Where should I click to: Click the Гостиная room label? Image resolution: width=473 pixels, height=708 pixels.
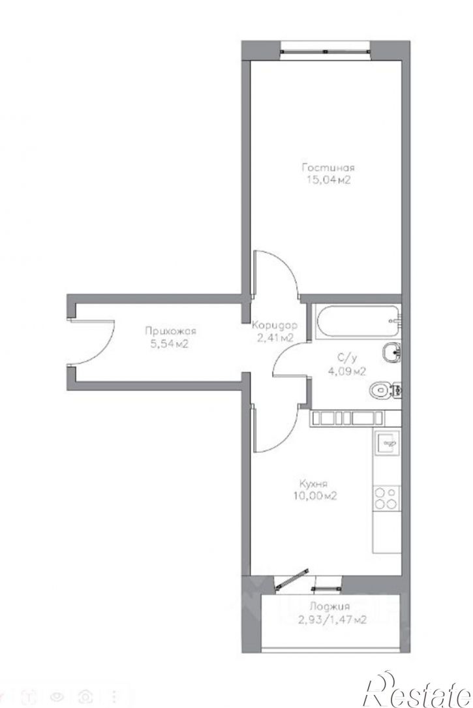[328, 168]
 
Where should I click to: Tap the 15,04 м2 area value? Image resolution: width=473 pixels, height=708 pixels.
[328, 179]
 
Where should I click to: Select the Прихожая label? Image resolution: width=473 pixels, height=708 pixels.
[170, 331]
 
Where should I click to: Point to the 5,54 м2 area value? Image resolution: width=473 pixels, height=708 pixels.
[169, 344]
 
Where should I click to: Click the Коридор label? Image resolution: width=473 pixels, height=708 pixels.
[275, 325]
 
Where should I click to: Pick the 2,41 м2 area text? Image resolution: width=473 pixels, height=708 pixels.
[276, 337]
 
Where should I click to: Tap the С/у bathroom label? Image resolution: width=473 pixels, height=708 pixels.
[347, 358]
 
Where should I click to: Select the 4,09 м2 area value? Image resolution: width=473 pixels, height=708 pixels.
[346, 371]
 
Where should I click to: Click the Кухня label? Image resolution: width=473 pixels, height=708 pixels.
[313, 483]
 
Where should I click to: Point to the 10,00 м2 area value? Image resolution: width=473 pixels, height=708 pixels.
[314, 495]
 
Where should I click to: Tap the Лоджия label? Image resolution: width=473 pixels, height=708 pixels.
[329, 606]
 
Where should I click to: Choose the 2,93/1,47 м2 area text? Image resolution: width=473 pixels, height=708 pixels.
[331, 620]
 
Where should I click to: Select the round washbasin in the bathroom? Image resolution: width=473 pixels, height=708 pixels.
[390, 352]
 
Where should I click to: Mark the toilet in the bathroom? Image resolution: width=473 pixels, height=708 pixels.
[384, 390]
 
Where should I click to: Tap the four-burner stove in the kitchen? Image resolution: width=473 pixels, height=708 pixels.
[387, 498]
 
